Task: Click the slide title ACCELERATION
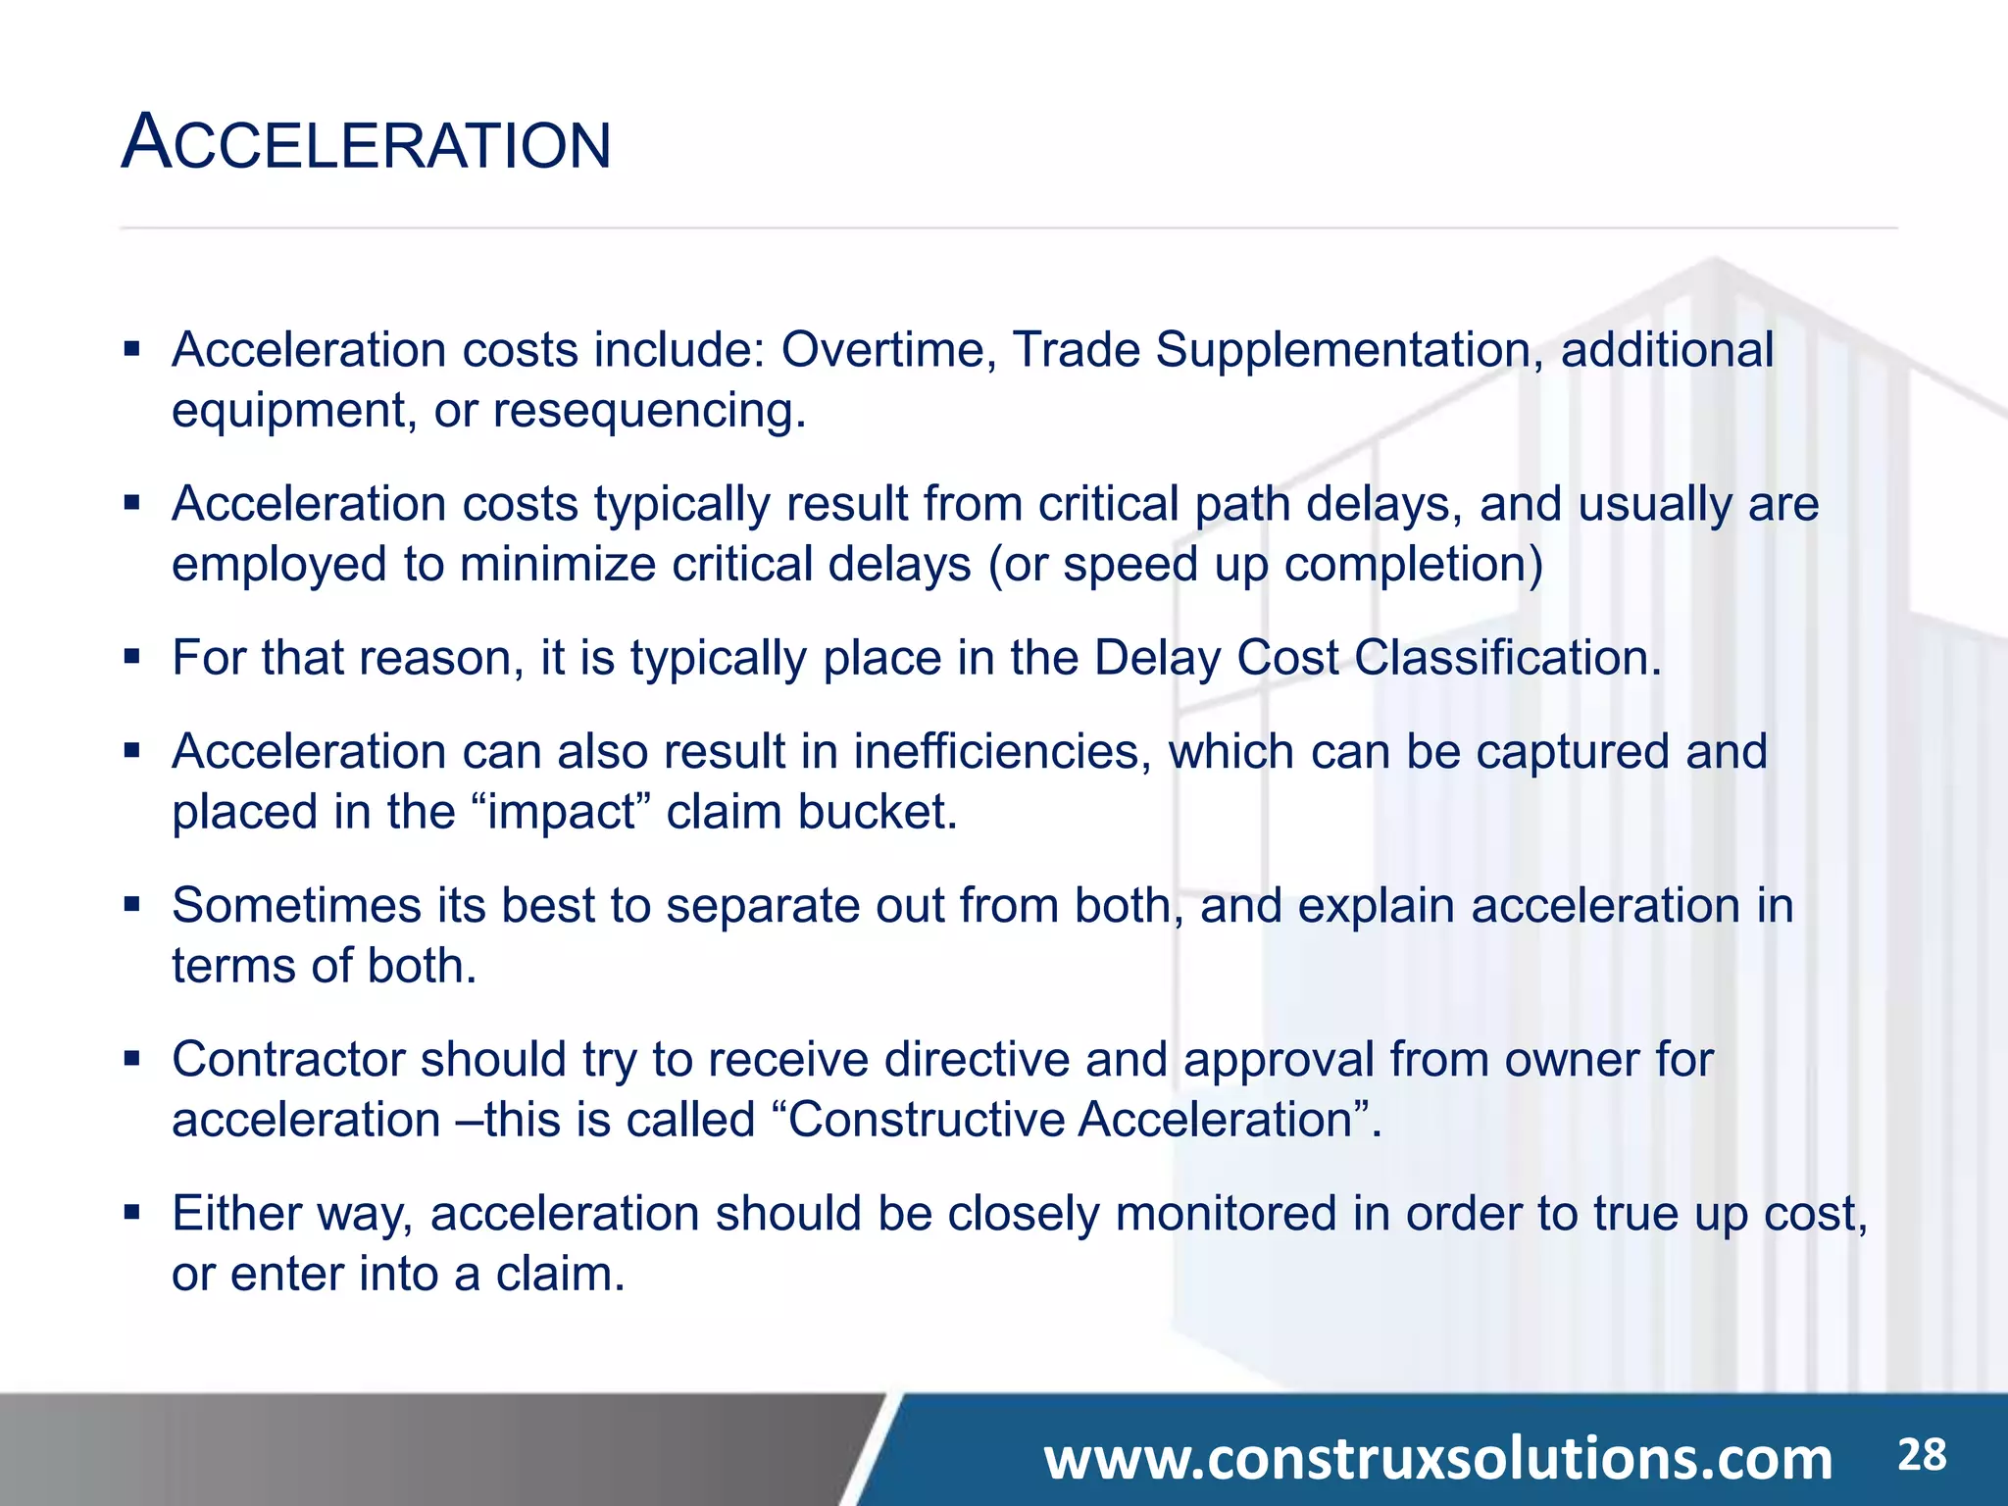(x=366, y=143)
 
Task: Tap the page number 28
(x=1922, y=1455)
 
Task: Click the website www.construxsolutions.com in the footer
(x=1437, y=1459)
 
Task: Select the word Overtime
(x=888, y=350)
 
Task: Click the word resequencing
(x=648, y=410)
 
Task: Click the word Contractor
(x=288, y=1060)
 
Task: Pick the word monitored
(x=1226, y=1214)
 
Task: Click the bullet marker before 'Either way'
(x=132, y=1212)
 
